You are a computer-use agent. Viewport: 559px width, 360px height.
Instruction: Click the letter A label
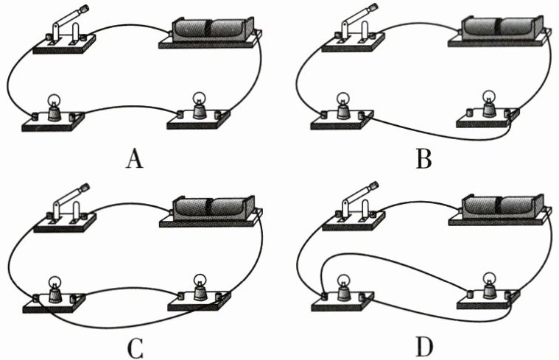(134, 159)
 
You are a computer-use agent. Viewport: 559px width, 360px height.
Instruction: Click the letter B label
(423, 159)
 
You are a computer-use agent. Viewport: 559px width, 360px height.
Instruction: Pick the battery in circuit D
(501, 206)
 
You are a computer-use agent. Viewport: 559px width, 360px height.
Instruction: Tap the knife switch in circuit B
(352, 33)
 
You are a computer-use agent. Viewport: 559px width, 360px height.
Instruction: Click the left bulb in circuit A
(54, 109)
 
